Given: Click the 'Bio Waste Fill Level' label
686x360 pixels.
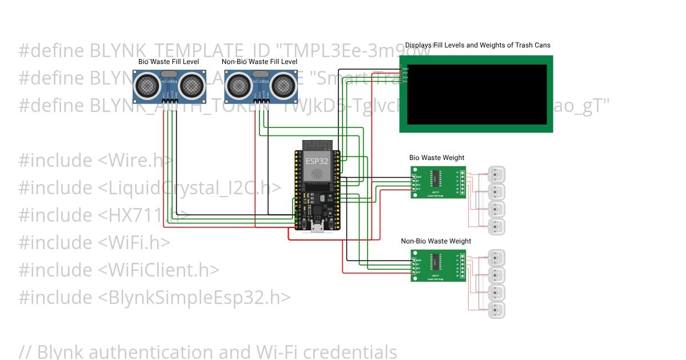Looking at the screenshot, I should point(169,62).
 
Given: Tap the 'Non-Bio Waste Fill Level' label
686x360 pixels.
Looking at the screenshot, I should point(260,62).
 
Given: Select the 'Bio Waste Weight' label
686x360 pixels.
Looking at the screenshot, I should point(437,158).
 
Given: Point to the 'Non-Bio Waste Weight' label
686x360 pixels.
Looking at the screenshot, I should point(436,241).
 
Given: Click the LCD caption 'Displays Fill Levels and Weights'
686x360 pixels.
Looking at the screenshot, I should point(477,45).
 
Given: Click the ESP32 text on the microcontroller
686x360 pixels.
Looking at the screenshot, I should point(317,161).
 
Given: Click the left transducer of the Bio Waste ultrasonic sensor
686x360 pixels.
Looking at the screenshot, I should point(146,86).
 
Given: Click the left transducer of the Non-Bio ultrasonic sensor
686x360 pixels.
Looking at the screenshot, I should point(237,86).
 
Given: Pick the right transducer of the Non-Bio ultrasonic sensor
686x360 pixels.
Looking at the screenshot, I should point(282,86).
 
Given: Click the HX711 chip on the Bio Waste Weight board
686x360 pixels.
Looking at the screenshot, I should point(436,174).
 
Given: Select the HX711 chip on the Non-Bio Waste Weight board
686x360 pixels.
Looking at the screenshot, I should point(436,261).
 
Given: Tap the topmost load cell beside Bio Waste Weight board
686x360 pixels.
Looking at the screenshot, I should point(496,174).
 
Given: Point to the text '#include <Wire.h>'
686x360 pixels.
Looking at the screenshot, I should point(96,160).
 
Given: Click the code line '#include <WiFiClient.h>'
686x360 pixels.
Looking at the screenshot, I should point(119,270).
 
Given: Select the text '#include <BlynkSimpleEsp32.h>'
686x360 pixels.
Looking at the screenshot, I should point(154,297).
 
